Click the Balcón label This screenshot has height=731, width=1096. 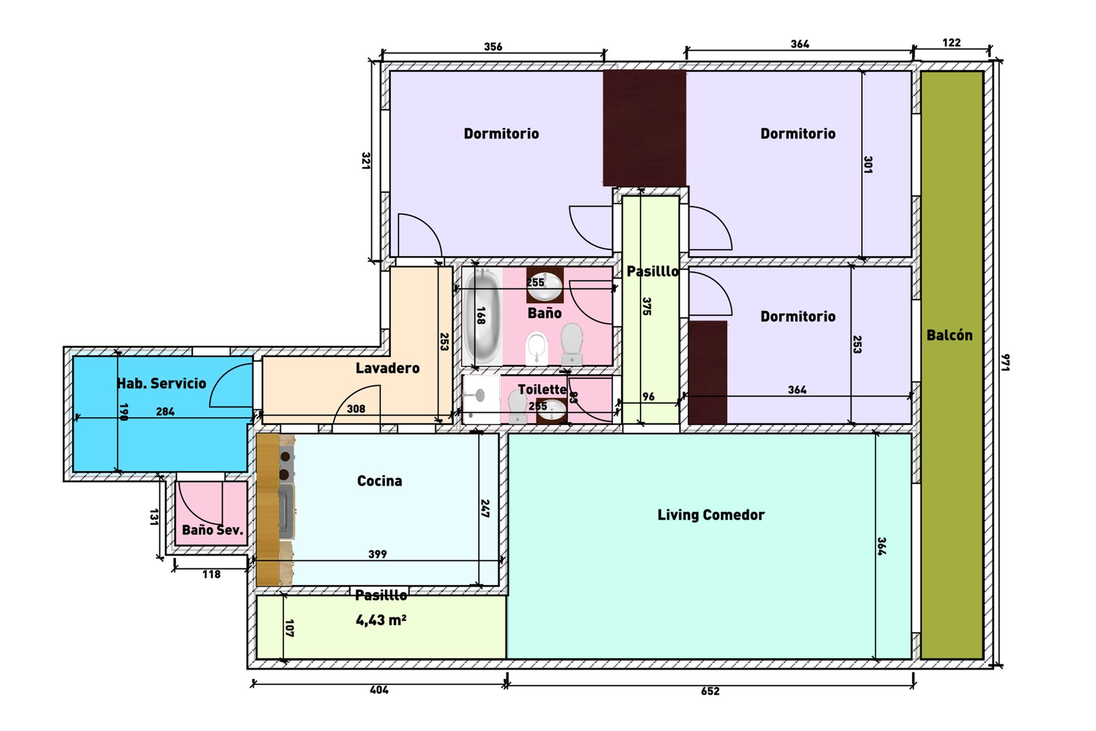[949, 335]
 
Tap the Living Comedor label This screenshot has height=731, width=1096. [711, 515]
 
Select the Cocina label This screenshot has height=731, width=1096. [380, 481]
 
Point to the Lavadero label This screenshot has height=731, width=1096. [388, 368]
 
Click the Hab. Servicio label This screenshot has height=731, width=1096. [162, 383]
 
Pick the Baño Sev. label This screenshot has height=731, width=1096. [212, 530]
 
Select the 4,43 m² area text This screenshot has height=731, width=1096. [381, 620]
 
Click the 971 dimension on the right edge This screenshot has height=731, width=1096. [1006, 362]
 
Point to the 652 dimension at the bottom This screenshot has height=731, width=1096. [710, 691]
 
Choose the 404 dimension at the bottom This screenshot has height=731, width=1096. [379, 690]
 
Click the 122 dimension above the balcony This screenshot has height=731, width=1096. [952, 43]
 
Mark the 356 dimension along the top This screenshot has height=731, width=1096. [493, 47]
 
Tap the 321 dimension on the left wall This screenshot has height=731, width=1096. [366, 160]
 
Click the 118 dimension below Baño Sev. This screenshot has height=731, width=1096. [211, 575]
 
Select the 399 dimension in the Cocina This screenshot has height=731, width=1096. [377, 554]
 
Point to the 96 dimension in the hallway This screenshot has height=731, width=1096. [648, 397]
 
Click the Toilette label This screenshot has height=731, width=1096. [542, 389]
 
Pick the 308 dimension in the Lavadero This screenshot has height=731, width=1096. [356, 409]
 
